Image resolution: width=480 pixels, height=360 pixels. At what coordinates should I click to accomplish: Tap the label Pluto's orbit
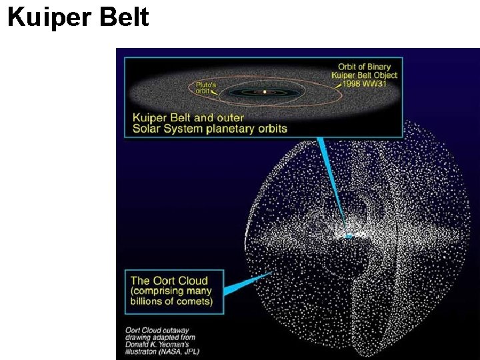coord(205,88)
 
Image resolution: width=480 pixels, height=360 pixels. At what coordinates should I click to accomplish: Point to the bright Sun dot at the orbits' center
coord(265,91)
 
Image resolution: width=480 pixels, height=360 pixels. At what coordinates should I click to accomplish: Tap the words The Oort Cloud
coord(169,281)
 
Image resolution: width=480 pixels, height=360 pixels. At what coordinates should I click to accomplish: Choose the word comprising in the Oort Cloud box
coord(159,291)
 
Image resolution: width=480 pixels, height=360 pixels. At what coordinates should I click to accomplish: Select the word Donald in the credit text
coord(138,344)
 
